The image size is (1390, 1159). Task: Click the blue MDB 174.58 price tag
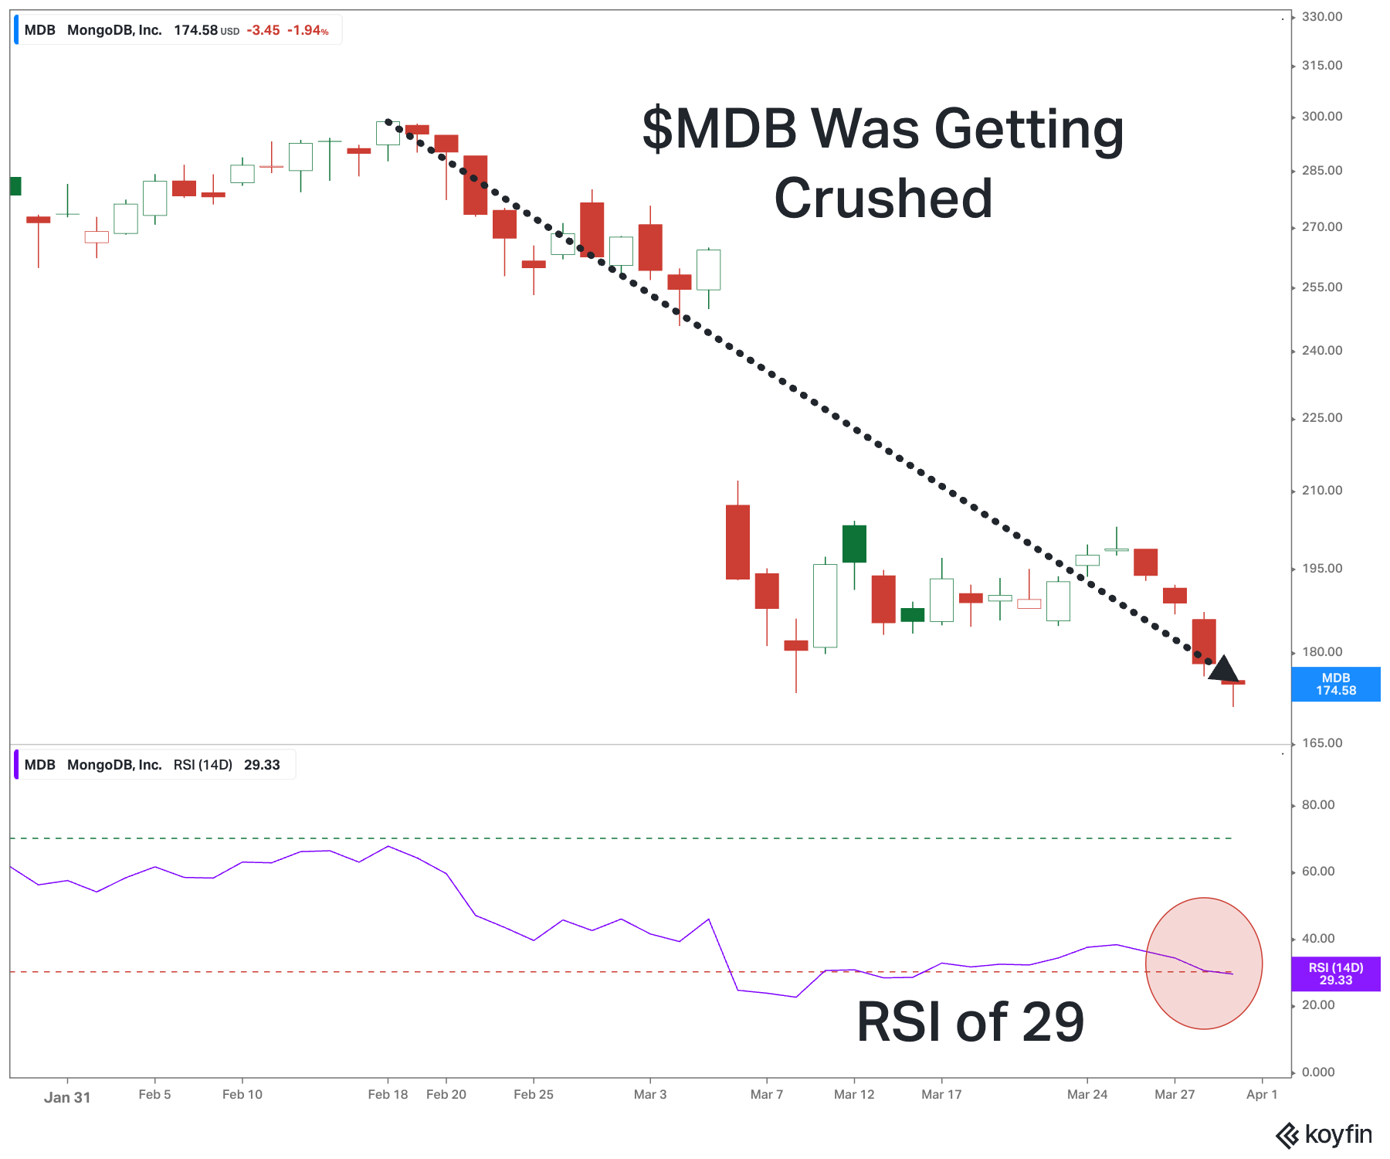pyautogui.click(x=1335, y=685)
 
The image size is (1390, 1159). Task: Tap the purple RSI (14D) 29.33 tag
pyautogui.click(x=1335, y=974)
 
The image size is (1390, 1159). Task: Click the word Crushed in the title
pyautogui.click(x=883, y=199)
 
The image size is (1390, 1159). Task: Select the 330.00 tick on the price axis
pyautogui.click(x=1322, y=17)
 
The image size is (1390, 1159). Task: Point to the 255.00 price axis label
pyautogui.click(x=1322, y=287)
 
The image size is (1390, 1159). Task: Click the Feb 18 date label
pyautogui.click(x=388, y=1095)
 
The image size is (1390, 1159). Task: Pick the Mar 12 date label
pyautogui.click(x=854, y=1095)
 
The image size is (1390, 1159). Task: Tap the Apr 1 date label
pyautogui.click(x=1262, y=1095)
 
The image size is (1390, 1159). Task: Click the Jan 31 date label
pyautogui.click(x=67, y=1097)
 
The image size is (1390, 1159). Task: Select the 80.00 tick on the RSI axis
pyautogui.click(x=1318, y=805)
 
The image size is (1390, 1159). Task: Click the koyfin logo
pyautogui.click(x=1324, y=1135)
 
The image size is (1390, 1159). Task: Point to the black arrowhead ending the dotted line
pyautogui.click(x=1223, y=669)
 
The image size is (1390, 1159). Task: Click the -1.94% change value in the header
pyautogui.click(x=307, y=31)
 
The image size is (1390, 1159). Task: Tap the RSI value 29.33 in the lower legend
pyautogui.click(x=262, y=765)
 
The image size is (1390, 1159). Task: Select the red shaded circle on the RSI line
pyautogui.click(x=1203, y=964)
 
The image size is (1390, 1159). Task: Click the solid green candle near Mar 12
pyautogui.click(x=854, y=544)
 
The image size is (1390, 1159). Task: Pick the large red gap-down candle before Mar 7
pyautogui.click(x=737, y=542)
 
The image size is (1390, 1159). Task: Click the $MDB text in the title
pyautogui.click(x=719, y=128)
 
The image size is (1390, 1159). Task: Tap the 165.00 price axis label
pyautogui.click(x=1322, y=743)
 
